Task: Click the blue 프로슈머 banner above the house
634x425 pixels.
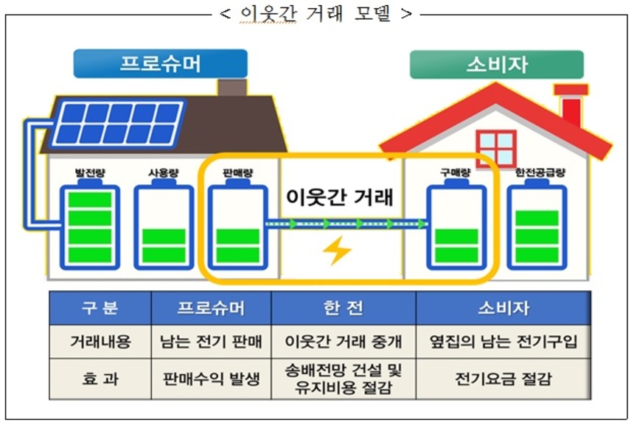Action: click(160, 64)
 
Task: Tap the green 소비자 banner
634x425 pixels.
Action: click(496, 65)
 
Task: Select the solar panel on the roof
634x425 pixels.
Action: click(117, 122)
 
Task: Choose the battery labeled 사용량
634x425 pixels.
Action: click(163, 227)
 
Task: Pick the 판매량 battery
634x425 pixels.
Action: click(237, 227)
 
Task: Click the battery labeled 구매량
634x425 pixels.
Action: click(457, 227)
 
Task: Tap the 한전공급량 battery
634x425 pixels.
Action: click(537, 227)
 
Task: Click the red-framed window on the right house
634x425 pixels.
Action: click(495, 149)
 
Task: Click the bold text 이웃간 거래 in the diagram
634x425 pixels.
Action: click(340, 197)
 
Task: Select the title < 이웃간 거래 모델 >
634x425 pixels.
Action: click(316, 13)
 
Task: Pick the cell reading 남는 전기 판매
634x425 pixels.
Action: click(211, 343)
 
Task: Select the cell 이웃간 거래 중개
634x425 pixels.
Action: click(344, 343)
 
